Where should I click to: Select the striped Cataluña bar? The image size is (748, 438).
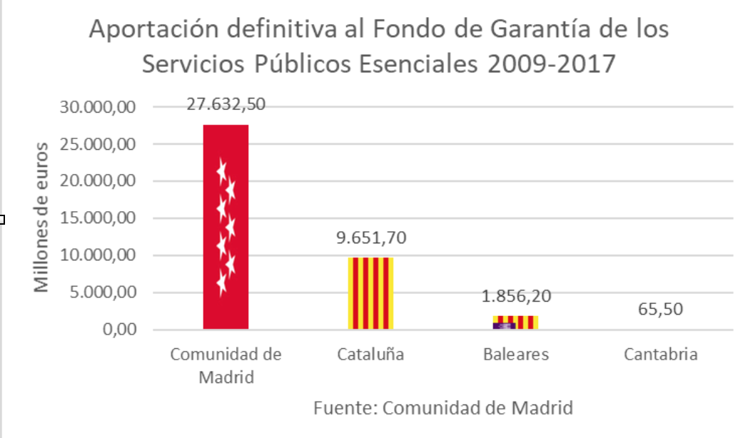(x=370, y=293)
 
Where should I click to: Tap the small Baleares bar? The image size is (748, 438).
(x=515, y=322)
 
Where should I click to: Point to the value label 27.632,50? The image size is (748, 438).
(x=226, y=104)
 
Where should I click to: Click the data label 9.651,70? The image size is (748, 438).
(x=371, y=238)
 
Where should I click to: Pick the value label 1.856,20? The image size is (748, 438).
(x=516, y=296)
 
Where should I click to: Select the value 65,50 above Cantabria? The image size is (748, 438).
(x=660, y=310)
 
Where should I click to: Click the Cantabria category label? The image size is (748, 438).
(x=660, y=355)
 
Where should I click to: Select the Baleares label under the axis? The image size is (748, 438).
(x=516, y=355)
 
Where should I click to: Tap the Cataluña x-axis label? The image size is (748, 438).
(x=370, y=355)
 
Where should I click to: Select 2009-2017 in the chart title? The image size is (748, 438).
(x=552, y=64)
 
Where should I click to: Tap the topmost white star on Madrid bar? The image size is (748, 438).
(x=222, y=170)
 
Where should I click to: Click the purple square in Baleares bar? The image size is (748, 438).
(x=504, y=325)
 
